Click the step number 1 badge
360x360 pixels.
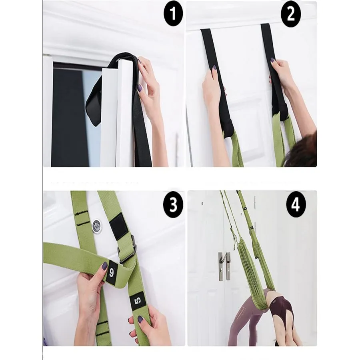(x=173, y=14)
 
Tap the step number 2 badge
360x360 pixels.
(x=291, y=14)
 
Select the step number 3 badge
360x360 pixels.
(x=173, y=204)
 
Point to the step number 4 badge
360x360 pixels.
(x=296, y=204)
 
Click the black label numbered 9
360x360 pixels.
(x=112, y=272)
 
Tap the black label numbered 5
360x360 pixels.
(x=137, y=300)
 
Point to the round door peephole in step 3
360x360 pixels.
(x=97, y=226)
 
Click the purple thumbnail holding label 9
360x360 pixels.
(x=104, y=266)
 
